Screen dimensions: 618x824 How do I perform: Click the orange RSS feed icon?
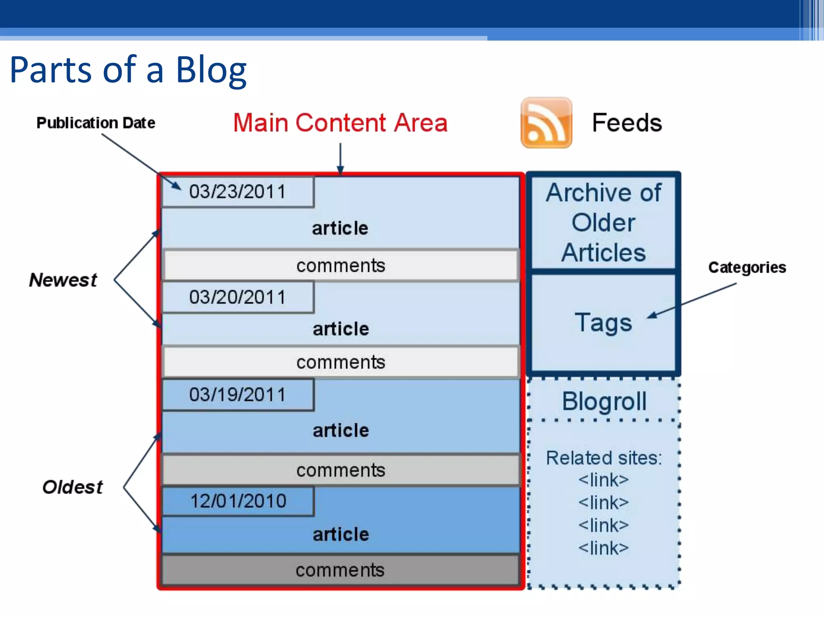pyautogui.click(x=546, y=123)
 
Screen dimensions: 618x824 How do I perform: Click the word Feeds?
pyautogui.click(x=626, y=123)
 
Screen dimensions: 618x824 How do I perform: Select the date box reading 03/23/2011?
pyautogui.click(x=237, y=192)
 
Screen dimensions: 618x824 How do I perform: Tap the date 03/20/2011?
pyautogui.click(x=237, y=297)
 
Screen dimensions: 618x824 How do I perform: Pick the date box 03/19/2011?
pyautogui.click(x=237, y=395)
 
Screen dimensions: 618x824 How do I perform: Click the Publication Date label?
pyautogui.click(x=96, y=123)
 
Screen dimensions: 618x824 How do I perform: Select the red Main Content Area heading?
pyautogui.click(x=340, y=123)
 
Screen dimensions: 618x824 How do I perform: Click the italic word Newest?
pyautogui.click(x=63, y=280)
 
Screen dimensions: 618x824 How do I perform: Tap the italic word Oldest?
pyautogui.click(x=72, y=487)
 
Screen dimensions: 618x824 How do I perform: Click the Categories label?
pyautogui.click(x=747, y=268)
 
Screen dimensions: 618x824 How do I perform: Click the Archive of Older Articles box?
pyautogui.click(x=603, y=222)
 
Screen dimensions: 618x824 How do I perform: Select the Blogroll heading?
pyautogui.click(x=604, y=401)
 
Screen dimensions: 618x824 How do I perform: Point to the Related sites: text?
pyautogui.click(x=604, y=458)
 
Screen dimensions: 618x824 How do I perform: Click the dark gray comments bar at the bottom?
pyautogui.click(x=340, y=570)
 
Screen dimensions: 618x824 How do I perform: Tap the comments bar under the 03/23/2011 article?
pyautogui.click(x=340, y=266)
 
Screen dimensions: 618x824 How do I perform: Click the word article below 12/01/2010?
pyautogui.click(x=340, y=535)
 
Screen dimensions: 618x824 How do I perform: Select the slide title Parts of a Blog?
pyautogui.click(x=128, y=70)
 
